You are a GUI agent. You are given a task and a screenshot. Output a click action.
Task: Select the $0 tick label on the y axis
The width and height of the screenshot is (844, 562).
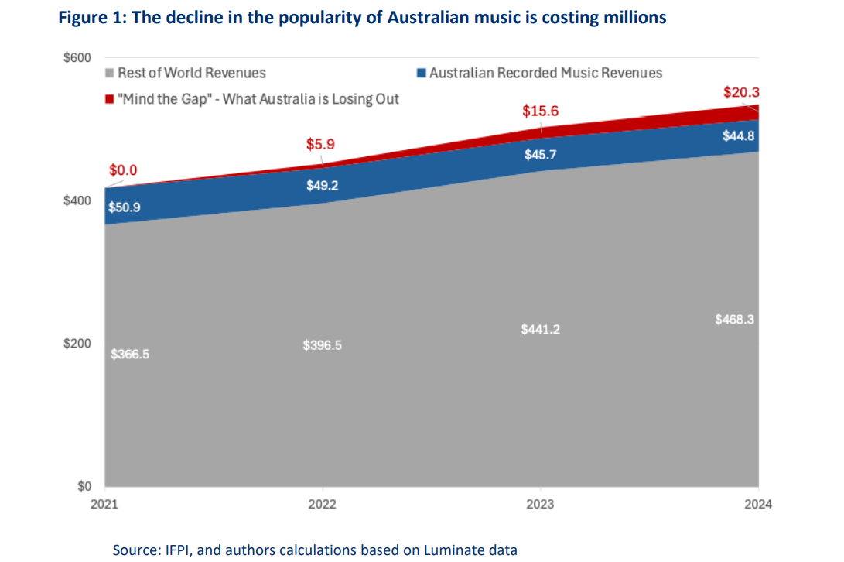[x=84, y=487]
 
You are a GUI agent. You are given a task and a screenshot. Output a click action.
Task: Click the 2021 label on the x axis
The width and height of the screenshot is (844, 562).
[x=104, y=504]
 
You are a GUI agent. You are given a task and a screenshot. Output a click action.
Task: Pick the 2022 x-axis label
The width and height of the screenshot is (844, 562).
[x=322, y=504]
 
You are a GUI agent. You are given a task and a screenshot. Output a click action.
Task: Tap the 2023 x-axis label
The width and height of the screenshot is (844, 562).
[x=540, y=504]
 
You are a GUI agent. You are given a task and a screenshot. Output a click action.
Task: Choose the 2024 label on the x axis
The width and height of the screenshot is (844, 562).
[x=758, y=504]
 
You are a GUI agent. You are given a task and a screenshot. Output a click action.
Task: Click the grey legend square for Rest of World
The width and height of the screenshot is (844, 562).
[x=111, y=74]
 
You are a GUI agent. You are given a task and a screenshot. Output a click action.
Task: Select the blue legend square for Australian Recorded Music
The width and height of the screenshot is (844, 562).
[x=421, y=74]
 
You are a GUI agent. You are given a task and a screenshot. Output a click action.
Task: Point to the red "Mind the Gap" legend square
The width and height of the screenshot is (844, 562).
[x=111, y=99]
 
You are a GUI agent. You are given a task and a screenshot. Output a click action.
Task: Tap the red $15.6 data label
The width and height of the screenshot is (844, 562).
[x=540, y=111]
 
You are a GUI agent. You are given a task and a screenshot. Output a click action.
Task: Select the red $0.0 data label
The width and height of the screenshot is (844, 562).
[x=123, y=170]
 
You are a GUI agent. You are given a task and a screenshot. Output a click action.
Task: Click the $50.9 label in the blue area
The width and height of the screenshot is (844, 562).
[x=125, y=207]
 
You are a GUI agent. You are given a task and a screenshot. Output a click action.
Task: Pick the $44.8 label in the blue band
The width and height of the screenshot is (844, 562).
[x=736, y=136]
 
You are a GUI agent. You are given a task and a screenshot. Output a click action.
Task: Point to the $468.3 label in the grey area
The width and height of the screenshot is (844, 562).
[x=735, y=319]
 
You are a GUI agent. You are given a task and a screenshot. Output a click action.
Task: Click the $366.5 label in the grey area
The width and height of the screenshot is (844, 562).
[x=129, y=354]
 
